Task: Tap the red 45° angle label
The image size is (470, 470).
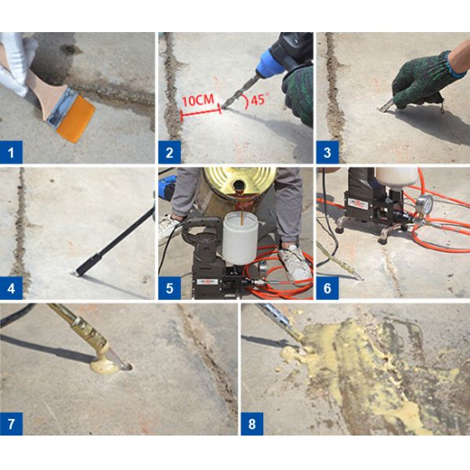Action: pyautogui.click(x=259, y=100)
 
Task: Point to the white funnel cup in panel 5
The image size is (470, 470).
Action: pyautogui.click(x=238, y=240)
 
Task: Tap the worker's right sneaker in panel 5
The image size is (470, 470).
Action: pyautogui.click(x=295, y=262)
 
